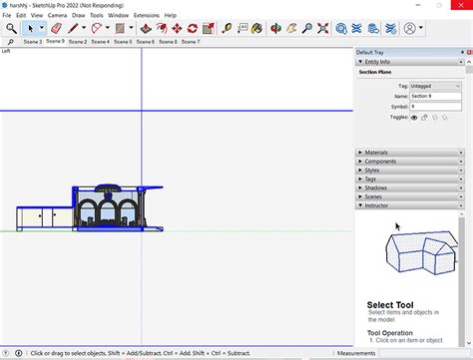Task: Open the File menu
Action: pos(8,16)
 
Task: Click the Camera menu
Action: pos(57,16)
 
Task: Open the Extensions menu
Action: pos(146,16)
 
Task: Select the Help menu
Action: pos(171,16)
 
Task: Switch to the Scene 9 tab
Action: pos(55,42)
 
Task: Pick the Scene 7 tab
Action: pos(190,42)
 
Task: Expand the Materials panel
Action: pos(377,153)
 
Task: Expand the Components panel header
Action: pos(380,162)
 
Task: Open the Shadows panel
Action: pos(376,187)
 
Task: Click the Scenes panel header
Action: pos(374,196)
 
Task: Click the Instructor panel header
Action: pos(378,205)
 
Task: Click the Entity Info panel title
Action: pos(379,62)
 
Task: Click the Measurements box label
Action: pos(356,353)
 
